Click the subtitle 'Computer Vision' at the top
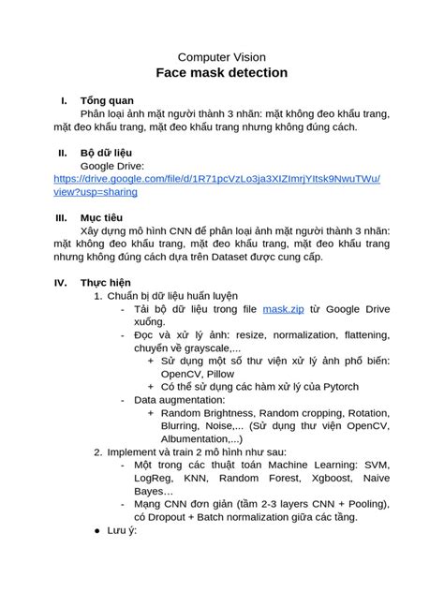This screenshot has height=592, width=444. (222, 56)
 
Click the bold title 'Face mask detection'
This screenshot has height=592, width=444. (222, 73)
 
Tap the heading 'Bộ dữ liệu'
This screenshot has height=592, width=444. (109, 154)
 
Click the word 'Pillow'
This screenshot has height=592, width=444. (216, 373)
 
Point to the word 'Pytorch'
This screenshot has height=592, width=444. (334, 386)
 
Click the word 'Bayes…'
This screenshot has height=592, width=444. (154, 491)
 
